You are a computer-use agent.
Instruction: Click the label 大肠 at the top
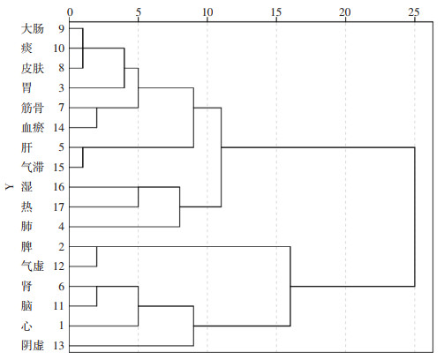tap(33, 29)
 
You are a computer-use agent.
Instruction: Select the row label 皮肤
tap(33, 68)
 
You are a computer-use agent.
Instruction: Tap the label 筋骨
tap(33, 108)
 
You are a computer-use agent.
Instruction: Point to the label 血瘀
tap(33, 128)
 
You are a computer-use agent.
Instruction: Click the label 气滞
tap(33, 168)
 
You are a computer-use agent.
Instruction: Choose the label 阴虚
tap(33, 345)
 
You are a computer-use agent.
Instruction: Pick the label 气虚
tap(33, 266)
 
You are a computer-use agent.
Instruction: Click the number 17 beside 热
tap(59, 207)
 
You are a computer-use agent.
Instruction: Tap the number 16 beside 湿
tap(59, 187)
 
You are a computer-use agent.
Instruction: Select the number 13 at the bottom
tap(59, 346)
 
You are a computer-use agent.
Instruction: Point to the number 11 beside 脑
tap(59, 306)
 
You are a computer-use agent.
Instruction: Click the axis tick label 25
tap(414, 12)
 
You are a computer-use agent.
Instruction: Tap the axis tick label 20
tap(345, 12)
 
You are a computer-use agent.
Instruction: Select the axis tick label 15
tap(276, 12)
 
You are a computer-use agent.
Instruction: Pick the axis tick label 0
tap(70, 12)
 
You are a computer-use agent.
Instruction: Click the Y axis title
tap(10, 186)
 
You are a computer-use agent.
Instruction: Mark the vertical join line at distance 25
tap(415, 217)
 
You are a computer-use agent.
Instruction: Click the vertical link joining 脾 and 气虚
tap(97, 257)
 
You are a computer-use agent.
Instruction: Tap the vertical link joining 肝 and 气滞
tap(83, 157)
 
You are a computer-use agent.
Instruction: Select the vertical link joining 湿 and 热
tap(139, 197)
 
